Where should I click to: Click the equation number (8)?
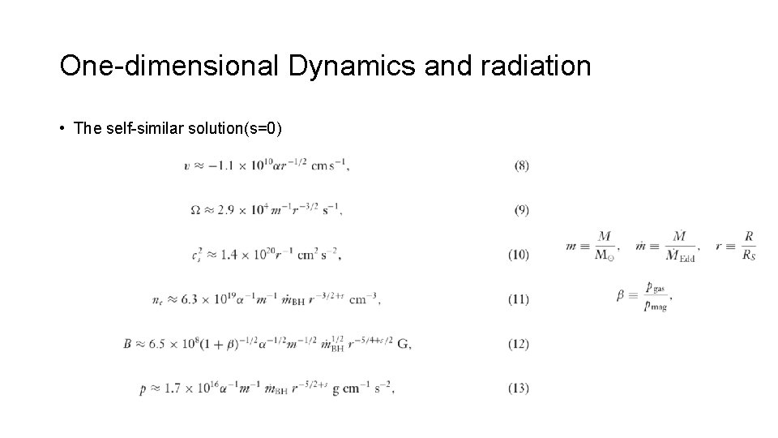coord(522,165)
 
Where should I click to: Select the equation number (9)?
coord(522,210)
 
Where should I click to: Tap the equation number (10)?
coord(519,255)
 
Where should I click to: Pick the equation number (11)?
coord(519,299)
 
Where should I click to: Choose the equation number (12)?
coord(519,344)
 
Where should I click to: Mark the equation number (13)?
coord(519,388)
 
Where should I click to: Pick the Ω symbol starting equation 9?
coord(195,210)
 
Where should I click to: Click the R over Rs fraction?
coord(749,245)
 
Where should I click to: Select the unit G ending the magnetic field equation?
coord(404,344)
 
